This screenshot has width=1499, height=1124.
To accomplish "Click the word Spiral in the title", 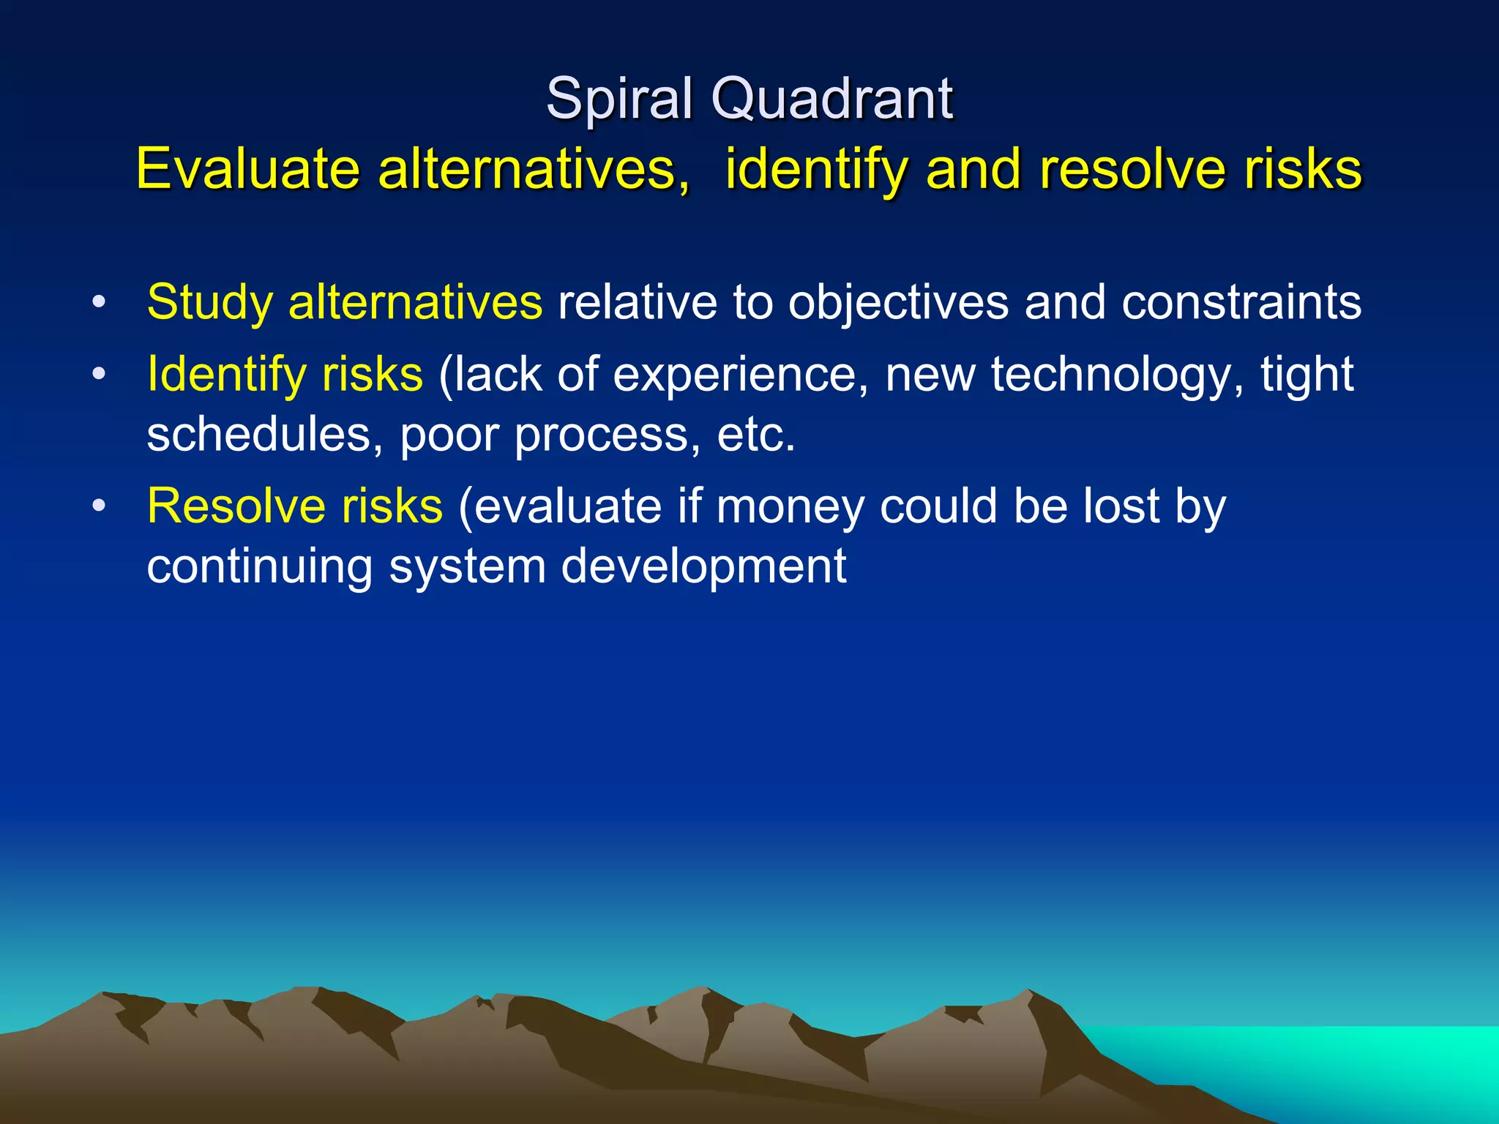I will [619, 98].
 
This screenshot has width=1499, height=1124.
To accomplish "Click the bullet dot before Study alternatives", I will [99, 301].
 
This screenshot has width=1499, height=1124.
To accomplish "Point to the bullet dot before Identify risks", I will [99, 374].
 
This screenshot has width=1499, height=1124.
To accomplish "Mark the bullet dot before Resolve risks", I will [99, 506].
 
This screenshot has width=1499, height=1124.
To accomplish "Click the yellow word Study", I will [209, 301].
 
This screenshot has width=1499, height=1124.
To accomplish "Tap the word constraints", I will [1241, 301].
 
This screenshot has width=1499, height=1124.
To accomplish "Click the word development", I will [703, 566].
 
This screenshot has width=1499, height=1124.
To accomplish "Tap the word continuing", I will [259, 566].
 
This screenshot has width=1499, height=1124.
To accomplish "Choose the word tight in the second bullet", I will [1307, 374].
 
